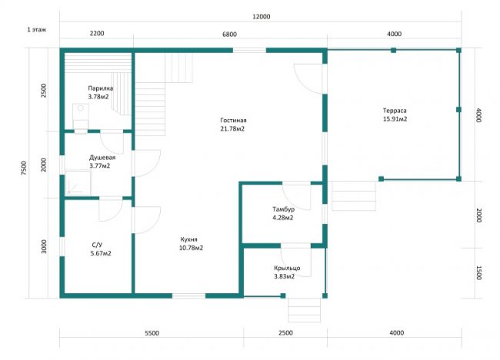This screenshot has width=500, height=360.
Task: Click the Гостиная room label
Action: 233,120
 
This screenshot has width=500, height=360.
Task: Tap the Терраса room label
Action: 395,111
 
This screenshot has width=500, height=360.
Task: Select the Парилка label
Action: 101,88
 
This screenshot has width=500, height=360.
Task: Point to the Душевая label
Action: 102,158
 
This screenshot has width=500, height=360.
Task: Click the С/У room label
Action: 97,245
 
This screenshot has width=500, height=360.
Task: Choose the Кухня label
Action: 188,239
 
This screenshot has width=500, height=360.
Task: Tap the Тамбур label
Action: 284,209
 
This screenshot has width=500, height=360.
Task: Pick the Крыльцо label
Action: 287,268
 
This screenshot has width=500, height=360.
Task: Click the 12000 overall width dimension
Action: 262,17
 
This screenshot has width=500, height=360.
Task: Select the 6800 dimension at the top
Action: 229,34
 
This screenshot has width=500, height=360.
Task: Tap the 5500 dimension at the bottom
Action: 152,333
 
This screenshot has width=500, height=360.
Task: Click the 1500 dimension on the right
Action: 478,272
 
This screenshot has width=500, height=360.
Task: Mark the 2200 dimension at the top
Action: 97,33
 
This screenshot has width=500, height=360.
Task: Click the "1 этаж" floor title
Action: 36,30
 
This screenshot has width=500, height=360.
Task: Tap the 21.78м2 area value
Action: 232,128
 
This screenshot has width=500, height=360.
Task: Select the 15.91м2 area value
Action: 395,119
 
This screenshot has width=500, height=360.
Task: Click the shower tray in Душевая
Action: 78,183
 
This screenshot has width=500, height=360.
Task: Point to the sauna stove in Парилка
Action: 81,118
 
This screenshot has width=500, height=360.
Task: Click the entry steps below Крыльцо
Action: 304,310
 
